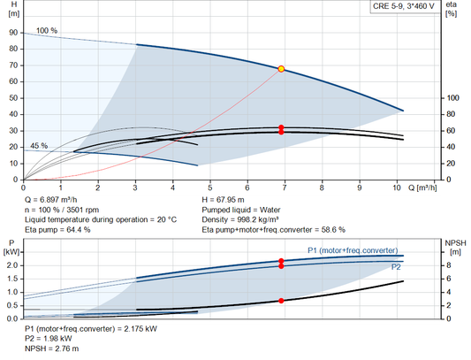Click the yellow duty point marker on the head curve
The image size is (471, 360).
coord(282,68)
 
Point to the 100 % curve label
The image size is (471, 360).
coord(47,31)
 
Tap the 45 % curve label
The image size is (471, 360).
coord(39,145)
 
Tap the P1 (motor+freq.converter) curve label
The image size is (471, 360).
coord(353,249)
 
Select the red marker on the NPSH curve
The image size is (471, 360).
coord(282,301)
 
